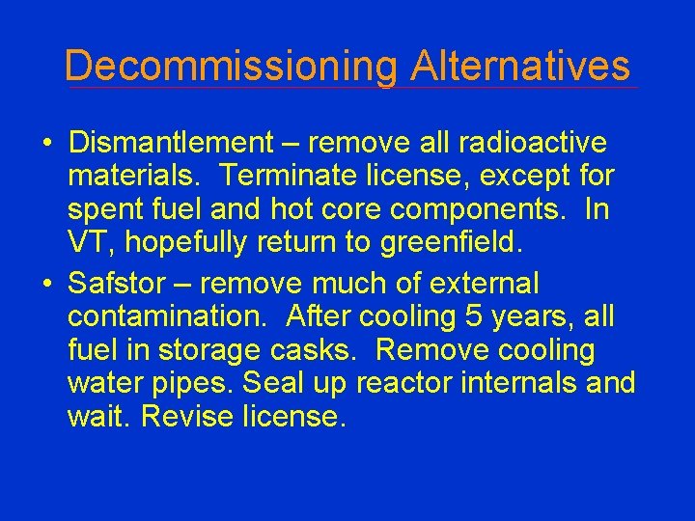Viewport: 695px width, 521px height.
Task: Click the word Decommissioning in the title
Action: point(231,67)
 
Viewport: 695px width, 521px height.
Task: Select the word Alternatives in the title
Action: point(519,67)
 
